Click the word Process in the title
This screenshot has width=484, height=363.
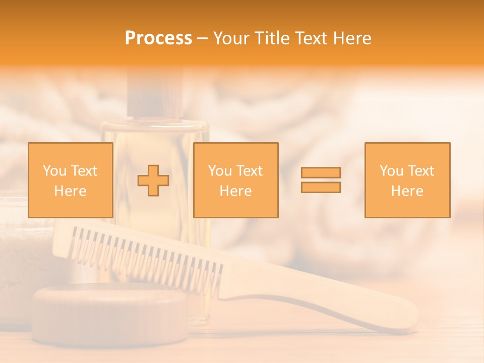158,38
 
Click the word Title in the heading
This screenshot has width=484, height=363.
272,38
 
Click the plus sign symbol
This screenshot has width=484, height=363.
153,180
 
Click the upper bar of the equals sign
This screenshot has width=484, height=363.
321,172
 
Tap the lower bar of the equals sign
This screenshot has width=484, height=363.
321,187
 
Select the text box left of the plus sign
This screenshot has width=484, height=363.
70,180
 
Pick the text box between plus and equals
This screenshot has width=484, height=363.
235,180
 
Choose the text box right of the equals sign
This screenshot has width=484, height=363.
407,180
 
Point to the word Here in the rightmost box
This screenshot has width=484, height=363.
407,191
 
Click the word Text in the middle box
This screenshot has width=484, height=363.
249,171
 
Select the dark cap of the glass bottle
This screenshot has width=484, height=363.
154,96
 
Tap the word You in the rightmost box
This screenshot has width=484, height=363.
391,171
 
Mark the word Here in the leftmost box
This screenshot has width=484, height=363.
70,191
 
